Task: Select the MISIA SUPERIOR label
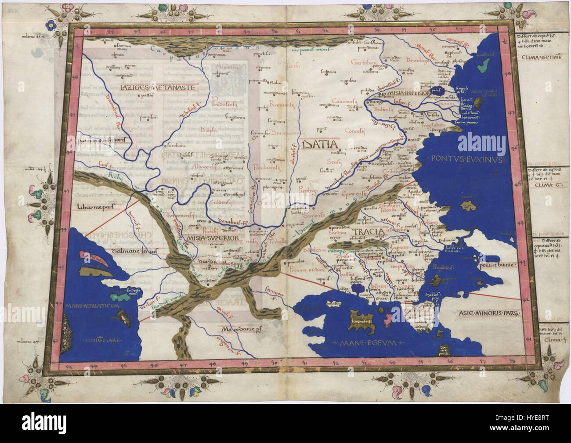coord(213,238)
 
